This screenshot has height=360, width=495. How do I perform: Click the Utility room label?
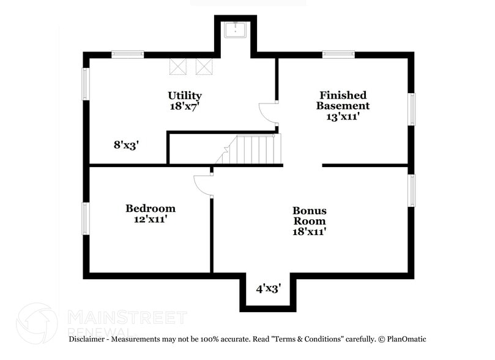[x=185, y=96]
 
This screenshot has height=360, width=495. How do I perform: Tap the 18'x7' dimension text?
[x=185, y=106]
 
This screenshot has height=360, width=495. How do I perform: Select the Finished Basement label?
[x=343, y=100]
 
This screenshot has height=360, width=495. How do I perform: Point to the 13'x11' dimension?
[x=343, y=116]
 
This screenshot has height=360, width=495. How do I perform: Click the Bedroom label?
[x=151, y=208]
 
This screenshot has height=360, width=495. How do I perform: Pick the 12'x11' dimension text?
[x=151, y=219]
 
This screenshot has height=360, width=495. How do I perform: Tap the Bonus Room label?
[x=309, y=216]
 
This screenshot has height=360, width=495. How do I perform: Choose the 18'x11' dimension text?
[x=309, y=231]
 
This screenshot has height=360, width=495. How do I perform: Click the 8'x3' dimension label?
[x=126, y=145]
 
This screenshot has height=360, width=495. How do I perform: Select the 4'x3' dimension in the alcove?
[x=268, y=287]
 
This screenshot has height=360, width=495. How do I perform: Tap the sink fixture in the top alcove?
[x=235, y=29]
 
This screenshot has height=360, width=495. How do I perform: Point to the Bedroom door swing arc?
[x=203, y=184]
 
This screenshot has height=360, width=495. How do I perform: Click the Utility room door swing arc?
[x=268, y=112]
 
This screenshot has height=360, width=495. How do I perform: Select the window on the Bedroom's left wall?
[x=86, y=219]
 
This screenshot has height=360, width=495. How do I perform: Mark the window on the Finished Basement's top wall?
[x=338, y=54]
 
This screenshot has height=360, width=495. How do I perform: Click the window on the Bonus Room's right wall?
[x=412, y=190]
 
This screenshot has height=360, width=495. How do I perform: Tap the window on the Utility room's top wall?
[x=127, y=54]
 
